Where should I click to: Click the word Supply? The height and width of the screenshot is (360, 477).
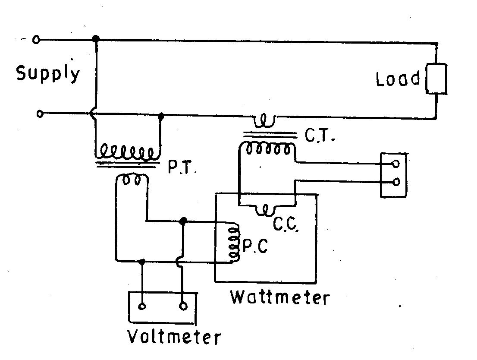tap(48, 74)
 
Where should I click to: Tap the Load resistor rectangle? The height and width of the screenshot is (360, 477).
tap(436, 79)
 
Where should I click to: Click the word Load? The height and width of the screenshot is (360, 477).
tap(398, 79)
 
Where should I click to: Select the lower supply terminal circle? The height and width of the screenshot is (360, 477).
tap(40, 114)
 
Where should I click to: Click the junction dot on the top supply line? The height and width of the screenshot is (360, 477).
tap(96, 39)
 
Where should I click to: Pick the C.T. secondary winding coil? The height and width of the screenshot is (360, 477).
tap(267, 149)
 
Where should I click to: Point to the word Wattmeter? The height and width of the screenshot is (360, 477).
tap(280, 297)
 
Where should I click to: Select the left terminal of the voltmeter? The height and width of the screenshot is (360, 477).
tap(142, 307)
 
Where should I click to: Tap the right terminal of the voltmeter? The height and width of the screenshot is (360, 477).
tap(183, 306)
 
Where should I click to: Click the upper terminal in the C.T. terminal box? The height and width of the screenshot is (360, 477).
tap(395, 164)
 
